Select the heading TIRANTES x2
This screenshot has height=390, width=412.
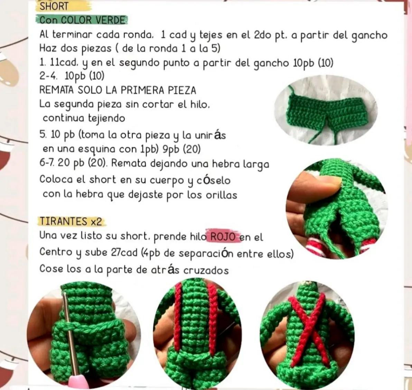click(x=71, y=222)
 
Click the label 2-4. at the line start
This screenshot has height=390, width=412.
click(x=48, y=76)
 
